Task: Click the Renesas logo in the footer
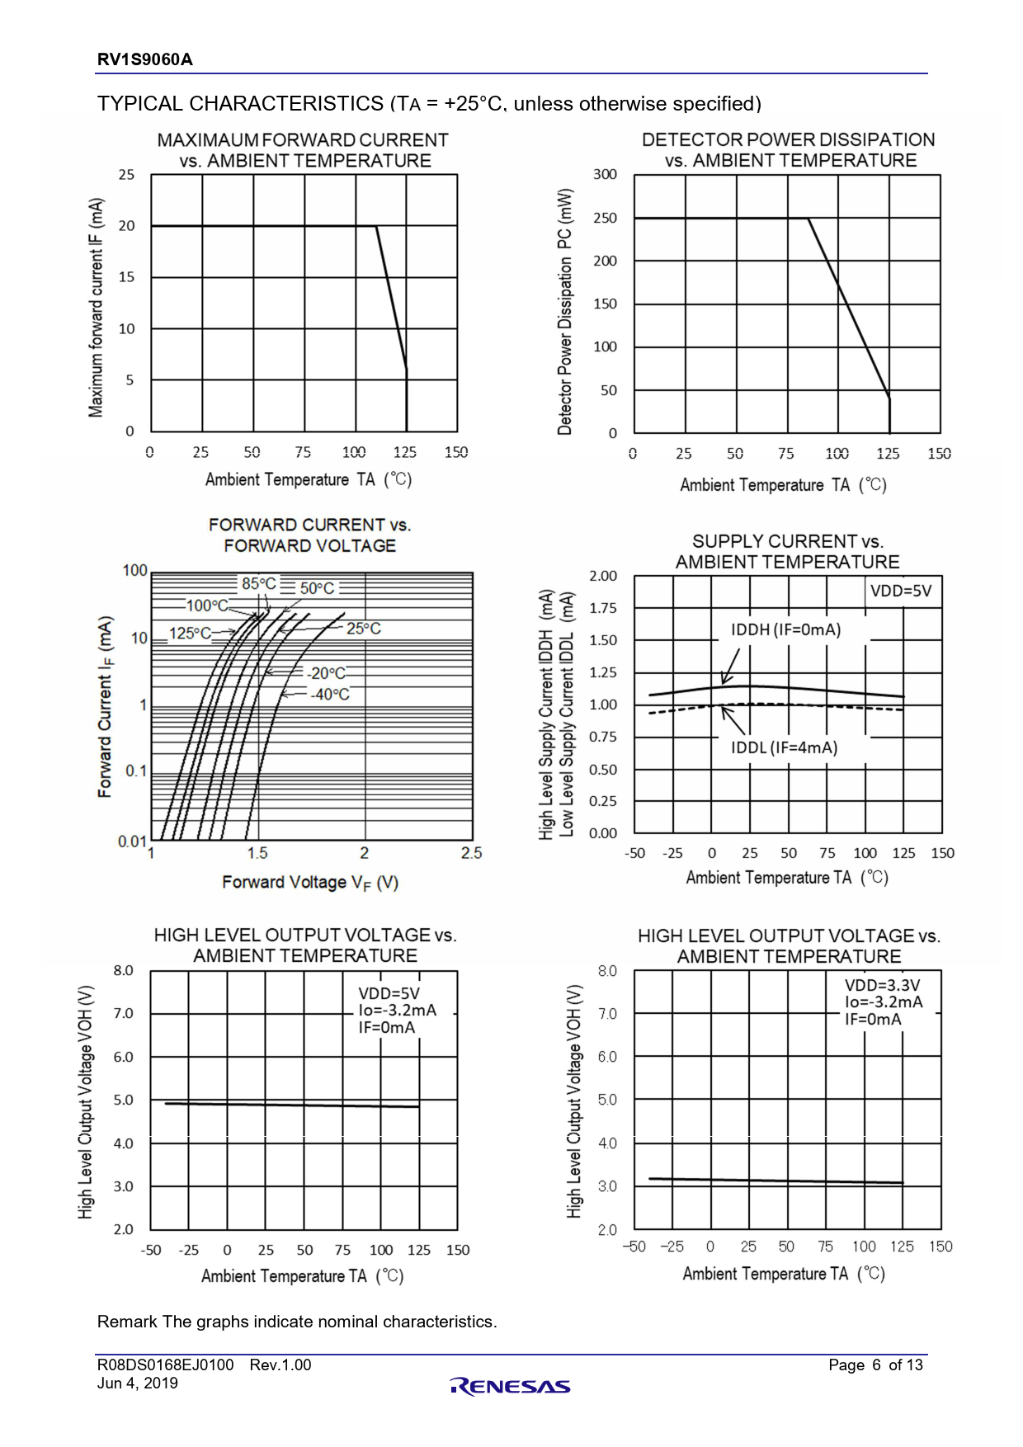tap(510, 1387)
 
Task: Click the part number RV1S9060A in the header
tap(144, 59)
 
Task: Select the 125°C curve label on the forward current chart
tap(190, 634)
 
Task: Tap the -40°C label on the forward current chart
tap(330, 695)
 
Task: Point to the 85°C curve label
tap(259, 584)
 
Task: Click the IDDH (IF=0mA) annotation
tap(785, 630)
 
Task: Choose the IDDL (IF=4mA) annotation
tap(784, 747)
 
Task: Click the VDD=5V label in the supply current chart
tap(901, 591)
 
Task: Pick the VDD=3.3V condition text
tap(882, 985)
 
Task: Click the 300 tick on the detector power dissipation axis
tap(605, 174)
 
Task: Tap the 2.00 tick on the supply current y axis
tap(603, 576)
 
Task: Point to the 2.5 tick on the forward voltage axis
tap(471, 853)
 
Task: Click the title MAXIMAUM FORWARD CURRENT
tap(303, 140)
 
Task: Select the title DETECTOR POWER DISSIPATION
tap(788, 139)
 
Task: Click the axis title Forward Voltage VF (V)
tap(310, 883)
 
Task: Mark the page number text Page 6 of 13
tap(875, 1365)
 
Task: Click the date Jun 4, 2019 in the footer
tap(138, 1383)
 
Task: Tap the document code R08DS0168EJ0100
tap(165, 1365)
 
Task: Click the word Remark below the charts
tap(127, 1322)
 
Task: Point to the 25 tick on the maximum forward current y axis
tap(126, 175)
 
